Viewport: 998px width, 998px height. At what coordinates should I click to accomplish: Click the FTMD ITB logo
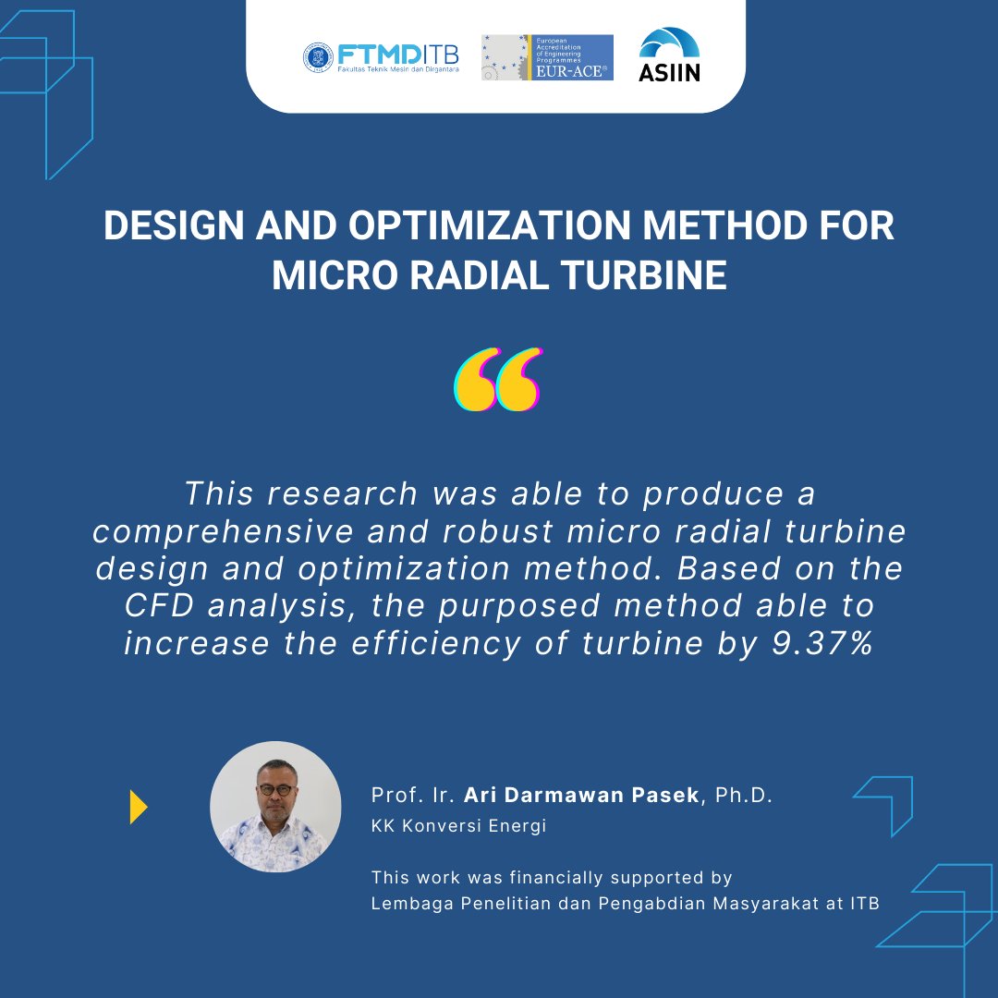pyautogui.click(x=381, y=56)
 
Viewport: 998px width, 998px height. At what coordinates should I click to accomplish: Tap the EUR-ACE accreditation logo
pyautogui.click(x=547, y=57)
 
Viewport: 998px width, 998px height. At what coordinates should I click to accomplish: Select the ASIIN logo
pyautogui.click(x=670, y=55)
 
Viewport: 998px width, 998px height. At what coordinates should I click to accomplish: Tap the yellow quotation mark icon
pyautogui.click(x=498, y=380)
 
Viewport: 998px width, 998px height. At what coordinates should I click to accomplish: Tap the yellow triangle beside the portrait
pyautogui.click(x=139, y=807)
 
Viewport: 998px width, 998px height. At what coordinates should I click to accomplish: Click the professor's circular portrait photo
pyautogui.click(x=275, y=807)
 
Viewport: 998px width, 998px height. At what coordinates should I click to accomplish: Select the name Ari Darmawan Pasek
pyautogui.click(x=581, y=796)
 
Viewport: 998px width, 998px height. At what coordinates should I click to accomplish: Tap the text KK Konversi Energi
pyautogui.click(x=458, y=826)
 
